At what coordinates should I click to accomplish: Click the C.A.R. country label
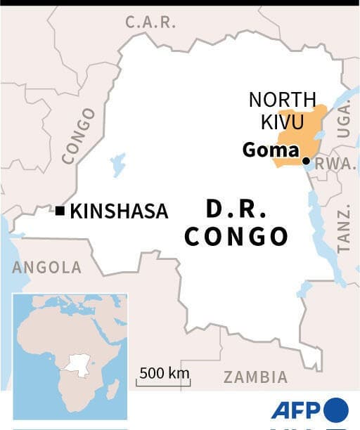150,22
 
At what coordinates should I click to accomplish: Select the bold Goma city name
271,150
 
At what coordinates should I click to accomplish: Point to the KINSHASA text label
119,211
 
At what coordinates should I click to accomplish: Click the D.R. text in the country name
236,209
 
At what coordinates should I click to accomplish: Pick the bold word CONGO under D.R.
236,237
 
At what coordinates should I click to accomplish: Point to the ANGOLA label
46,267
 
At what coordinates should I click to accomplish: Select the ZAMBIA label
255,377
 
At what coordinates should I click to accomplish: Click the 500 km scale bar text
164,372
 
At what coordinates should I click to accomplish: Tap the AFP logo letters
296,410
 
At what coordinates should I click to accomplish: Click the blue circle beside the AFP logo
336,410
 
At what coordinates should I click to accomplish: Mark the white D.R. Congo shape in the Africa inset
75,363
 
